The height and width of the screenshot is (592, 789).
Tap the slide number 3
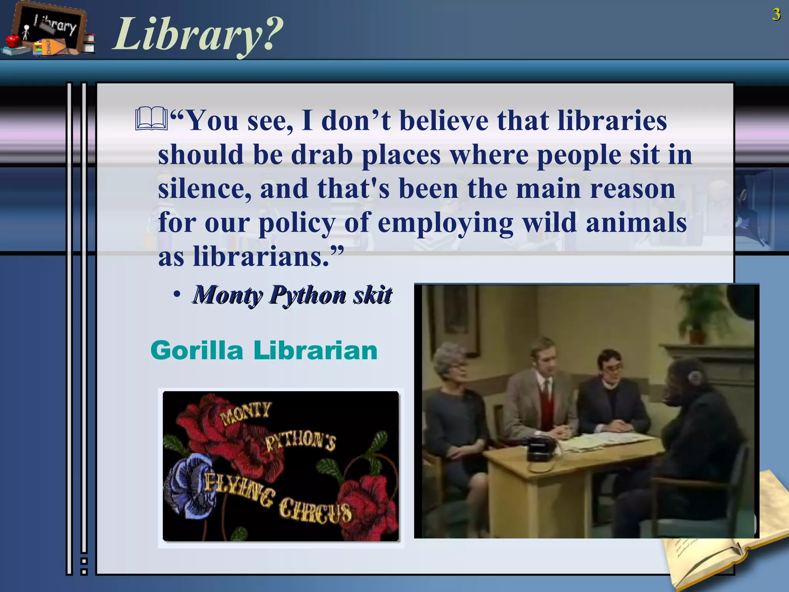(x=776, y=15)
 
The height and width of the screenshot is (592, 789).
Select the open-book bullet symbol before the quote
(x=151, y=119)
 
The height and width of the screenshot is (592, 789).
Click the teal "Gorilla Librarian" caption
(x=264, y=351)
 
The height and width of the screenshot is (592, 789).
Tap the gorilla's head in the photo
(x=690, y=382)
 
